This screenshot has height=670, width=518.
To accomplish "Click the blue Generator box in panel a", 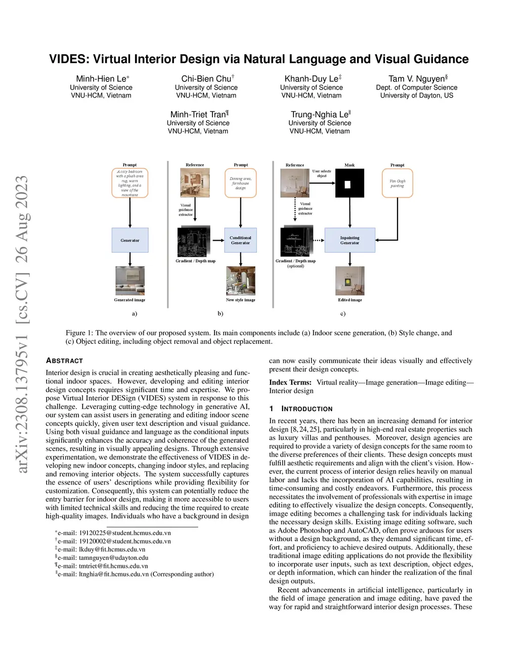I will tap(130, 240).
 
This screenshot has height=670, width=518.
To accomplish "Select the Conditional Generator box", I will tap(240, 240).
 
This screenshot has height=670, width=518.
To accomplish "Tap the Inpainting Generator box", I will tap(350, 240).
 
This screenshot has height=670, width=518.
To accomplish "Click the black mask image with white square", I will tap(350, 184).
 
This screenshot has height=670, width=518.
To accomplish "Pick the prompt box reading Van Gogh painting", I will tap(397, 183).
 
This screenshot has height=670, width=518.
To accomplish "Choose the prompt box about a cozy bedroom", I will tap(130, 183).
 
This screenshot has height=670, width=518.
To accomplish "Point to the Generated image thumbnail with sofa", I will tap(130, 281).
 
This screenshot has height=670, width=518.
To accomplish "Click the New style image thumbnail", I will tap(241, 281).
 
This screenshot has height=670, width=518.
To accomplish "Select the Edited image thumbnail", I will tap(350, 281).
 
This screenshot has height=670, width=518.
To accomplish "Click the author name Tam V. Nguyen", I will tap(416, 79).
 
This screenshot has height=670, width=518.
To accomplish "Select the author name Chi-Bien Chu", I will tap(206, 79).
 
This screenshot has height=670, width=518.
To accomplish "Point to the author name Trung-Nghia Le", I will tap(319, 115).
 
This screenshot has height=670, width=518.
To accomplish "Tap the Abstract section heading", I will tap(64, 361).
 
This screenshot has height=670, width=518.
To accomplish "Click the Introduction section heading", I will tap(307, 409).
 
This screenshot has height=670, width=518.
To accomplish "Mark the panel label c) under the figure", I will tap(343, 314).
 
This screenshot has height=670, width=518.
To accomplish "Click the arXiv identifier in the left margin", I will tap(22, 324).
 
